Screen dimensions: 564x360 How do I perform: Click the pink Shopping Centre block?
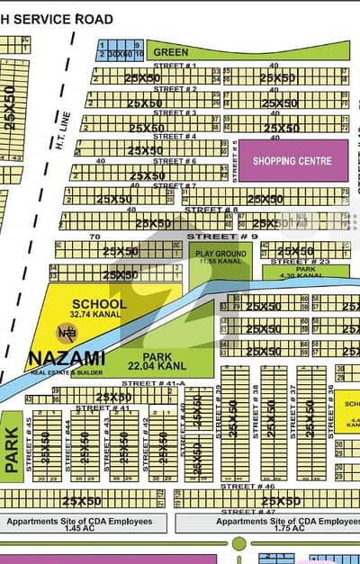pyautogui.click(x=292, y=161)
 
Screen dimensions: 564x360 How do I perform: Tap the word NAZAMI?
pyautogui.click(x=67, y=358)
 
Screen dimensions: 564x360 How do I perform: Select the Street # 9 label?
pyautogui.click(x=210, y=237)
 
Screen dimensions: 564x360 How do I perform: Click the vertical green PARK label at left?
pyautogui.click(x=12, y=450)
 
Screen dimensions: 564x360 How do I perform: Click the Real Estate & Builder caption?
pyautogui.click(x=67, y=371)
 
